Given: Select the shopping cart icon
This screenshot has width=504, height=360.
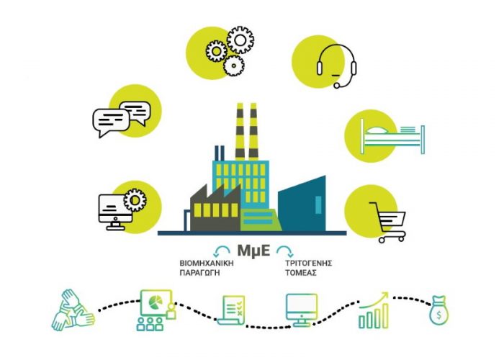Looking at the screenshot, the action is coord(388,222).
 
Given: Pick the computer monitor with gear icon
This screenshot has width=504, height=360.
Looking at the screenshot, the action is coord(122,210).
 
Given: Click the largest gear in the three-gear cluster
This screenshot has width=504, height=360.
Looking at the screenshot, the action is coord(240,40).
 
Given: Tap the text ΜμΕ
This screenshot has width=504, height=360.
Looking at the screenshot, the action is coord(253,251).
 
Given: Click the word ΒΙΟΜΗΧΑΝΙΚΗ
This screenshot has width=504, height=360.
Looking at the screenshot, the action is coord(207,264).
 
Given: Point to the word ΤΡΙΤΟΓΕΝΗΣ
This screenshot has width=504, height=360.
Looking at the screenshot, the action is coord(309,264).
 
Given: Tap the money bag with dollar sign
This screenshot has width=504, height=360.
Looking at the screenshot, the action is coord(438,310).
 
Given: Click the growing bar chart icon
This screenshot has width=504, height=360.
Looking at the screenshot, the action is coord(374,310).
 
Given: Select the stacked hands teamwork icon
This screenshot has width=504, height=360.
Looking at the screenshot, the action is coord(73,310).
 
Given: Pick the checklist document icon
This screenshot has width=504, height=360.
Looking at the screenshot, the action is coord(231,310).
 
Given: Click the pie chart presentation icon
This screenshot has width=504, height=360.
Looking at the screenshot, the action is coord(157,310).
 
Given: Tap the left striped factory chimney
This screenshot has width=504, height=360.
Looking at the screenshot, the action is coord(240,131).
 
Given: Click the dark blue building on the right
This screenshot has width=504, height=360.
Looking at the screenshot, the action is coord(302,203).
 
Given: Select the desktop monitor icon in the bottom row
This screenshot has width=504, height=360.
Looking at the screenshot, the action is coord(302,310).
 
